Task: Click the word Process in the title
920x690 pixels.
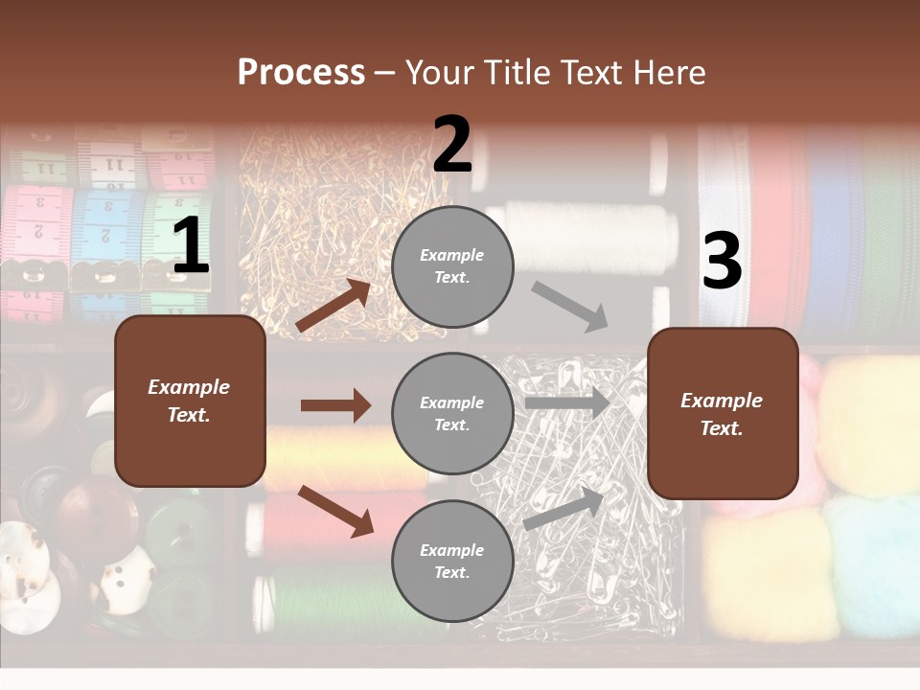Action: (x=301, y=73)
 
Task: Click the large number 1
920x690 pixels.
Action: (x=191, y=247)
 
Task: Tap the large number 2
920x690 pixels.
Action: (x=452, y=146)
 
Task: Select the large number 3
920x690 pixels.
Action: (x=722, y=261)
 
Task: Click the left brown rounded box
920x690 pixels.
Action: (x=190, y=401)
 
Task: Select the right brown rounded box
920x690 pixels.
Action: (x=723, y=413)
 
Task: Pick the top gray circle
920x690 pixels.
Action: (x=452, y=266)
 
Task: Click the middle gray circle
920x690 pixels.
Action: (x=452, y=413)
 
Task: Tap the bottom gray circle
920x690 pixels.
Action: (x=452, y=561)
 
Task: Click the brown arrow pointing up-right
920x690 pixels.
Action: (x=333, y=305)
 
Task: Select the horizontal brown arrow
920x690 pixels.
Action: (x=335, y=405)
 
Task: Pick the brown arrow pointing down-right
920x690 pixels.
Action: (x=335, y=510)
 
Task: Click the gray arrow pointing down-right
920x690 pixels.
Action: (x=570, y=306)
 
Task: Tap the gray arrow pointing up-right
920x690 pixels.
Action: (x=564, y=507)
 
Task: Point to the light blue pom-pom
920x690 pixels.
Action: (x=872, y=565)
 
